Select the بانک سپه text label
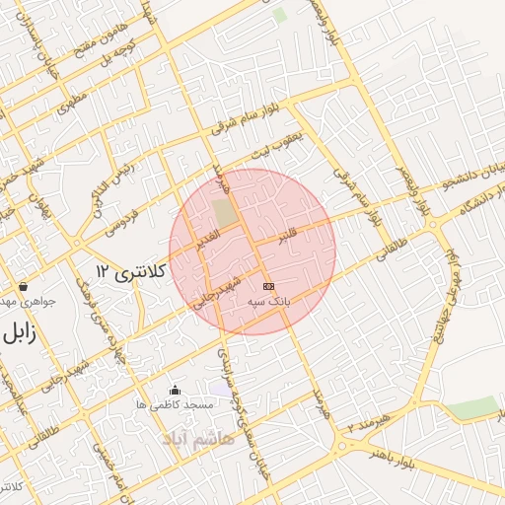click(270, 306)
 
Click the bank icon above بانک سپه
click(269, 286)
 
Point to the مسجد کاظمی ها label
click(176, 405)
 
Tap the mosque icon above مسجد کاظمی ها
click(176, 390)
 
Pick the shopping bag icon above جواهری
click(23, 286)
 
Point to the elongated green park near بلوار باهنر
click(471, 407)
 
